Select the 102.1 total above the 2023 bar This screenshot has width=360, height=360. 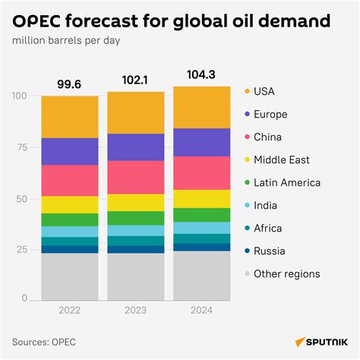click(x=135, y=80)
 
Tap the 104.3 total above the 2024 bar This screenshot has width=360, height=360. click(x=201, y=74)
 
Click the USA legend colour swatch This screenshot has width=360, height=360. click(x=246, y=92)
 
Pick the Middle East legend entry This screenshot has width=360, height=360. click(x=282, y=160)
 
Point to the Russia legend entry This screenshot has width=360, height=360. click(x=270, y=251)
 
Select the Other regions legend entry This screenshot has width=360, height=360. click(x=286, y=274)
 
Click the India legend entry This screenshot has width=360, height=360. click(x=267, y=206)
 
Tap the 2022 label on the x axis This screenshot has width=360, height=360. click(x=69, y=309)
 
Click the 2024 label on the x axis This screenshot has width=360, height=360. click(x=201, y=309)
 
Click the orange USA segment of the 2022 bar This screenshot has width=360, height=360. click(x=69, y=117)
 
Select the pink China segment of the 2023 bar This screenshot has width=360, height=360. click(x=135, y=177)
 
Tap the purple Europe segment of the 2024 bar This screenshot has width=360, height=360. click(x=201, y=142)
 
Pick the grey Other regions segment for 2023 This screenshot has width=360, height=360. click(x=135, y=276)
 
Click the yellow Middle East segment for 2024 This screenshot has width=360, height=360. click(x=201, y=198)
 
